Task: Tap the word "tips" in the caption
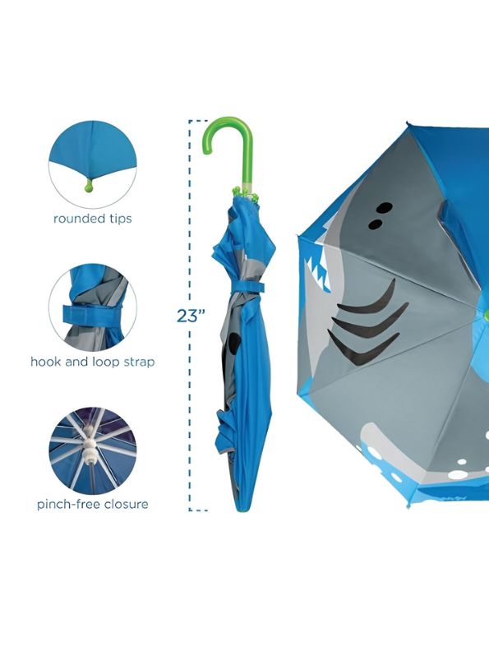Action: tap(119, 219)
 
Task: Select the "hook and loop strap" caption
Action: tap(93, 362)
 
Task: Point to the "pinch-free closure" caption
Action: tap(93, 504)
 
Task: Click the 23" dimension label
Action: tap(191, 316)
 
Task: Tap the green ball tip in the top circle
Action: tap(90, 187)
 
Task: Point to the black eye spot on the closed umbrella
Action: tap(234, 344)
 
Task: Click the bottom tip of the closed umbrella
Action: tap(241, 509)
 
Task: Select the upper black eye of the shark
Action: tap(385, 208)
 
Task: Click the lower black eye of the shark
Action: tap(376, 224)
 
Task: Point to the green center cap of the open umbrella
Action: tap(486, 313)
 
